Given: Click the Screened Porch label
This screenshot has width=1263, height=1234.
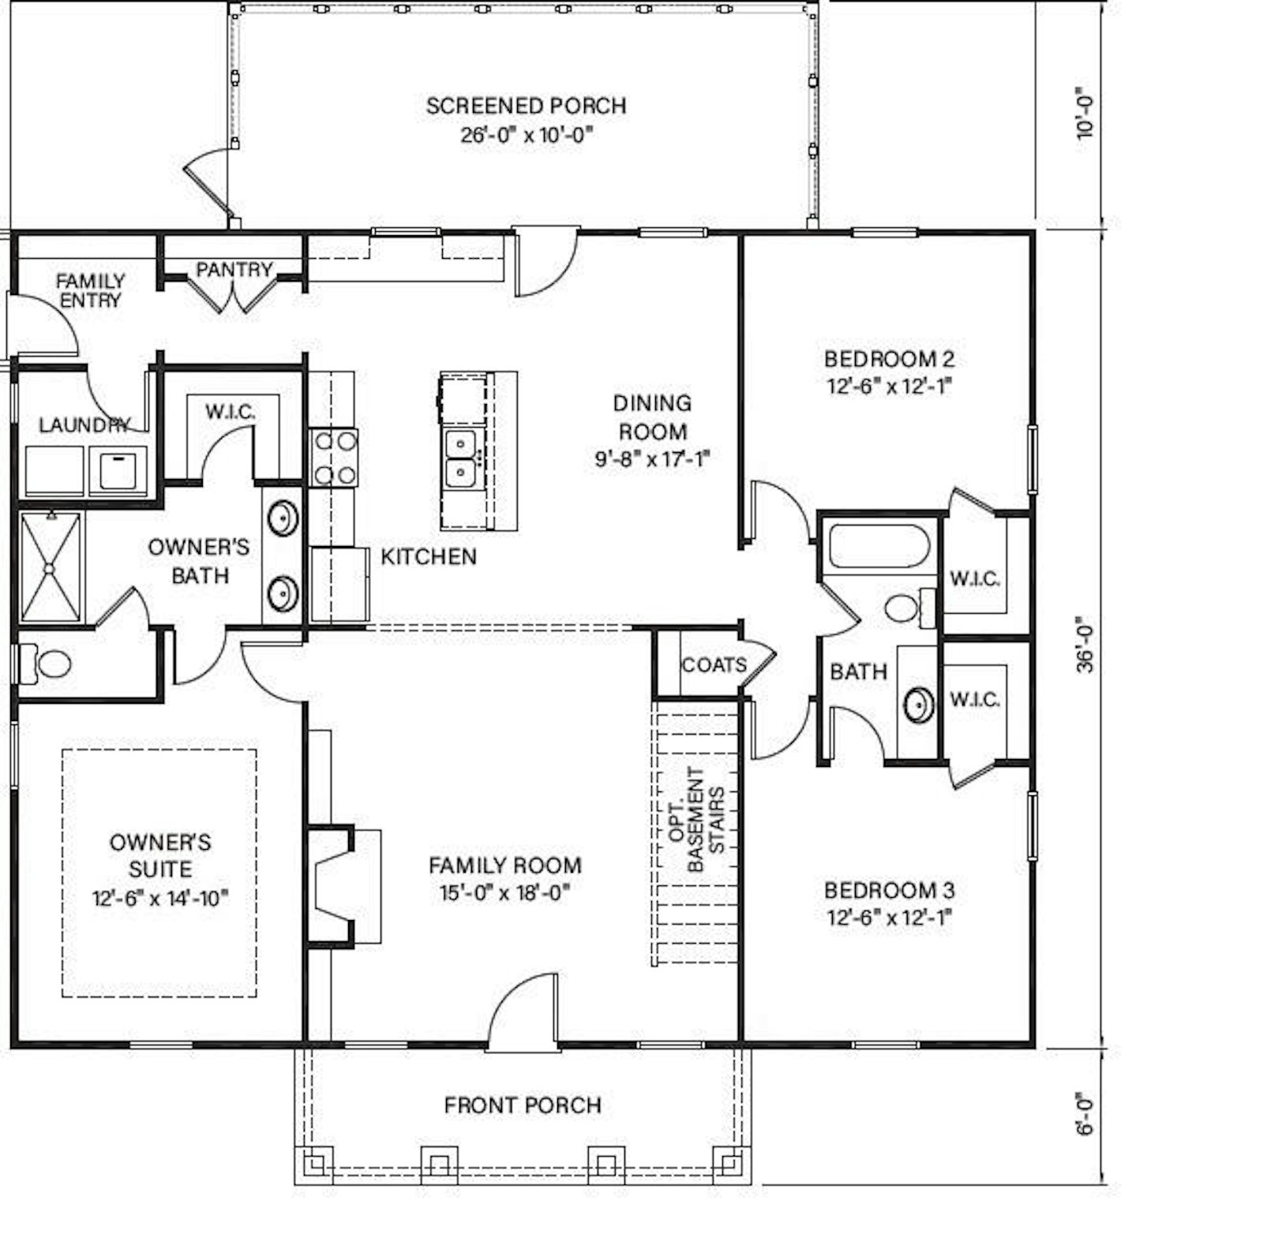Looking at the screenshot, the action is [x=526, y=106].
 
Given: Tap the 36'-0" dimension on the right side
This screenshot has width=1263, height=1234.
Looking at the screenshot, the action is [x=1086, y=643].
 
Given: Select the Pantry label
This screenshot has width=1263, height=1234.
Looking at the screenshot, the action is [x=234, y=270].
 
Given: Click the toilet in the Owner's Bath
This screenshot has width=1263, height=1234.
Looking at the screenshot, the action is [x=45, y=664].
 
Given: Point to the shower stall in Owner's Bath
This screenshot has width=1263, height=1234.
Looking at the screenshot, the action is [x=51, y=567].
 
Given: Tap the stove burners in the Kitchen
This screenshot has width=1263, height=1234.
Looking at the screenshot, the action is [x=333, y=457].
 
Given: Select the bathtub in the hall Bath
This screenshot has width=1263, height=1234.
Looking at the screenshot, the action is [x=879, y=545].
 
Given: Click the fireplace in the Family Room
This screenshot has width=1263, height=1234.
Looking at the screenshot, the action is [x=344, y=885].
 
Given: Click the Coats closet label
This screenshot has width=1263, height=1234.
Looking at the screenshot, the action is [x=714, y=665].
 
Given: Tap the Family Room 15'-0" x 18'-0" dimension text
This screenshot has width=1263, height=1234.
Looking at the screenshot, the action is [x=505, y=893].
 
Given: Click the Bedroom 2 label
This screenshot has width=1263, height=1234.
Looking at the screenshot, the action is [x=890, y=359].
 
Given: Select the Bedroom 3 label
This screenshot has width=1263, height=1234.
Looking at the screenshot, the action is [x=890, y=891].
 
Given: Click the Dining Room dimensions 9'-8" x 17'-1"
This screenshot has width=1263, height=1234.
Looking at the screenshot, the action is [x=653, y=459].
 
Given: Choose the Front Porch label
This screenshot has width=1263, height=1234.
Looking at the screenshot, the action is [x=523, y=1105].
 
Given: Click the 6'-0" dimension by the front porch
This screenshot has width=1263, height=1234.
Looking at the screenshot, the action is [x=1086, y=1113].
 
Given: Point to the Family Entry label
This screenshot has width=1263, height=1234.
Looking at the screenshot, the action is [x=90, y=290].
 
